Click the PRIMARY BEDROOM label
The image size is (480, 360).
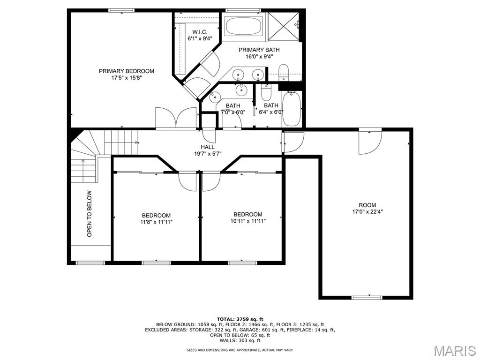(127, 71)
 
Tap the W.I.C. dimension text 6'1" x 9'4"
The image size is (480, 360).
(200, 38)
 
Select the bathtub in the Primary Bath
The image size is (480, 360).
(244, 26)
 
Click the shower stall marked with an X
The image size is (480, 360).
(284, 26)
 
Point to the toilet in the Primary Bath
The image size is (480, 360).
(284, 73)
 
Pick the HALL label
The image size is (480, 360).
(208, 147)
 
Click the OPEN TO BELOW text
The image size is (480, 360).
(90, 214)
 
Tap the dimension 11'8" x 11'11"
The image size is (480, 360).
(156, 222)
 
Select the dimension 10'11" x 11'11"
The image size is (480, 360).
(248, 221)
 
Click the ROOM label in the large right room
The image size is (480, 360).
(367, 205)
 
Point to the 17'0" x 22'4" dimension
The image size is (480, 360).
(367, 211)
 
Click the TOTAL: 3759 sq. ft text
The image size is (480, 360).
(240, 319)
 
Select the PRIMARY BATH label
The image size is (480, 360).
(259, 50)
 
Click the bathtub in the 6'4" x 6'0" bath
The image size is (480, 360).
(292, 108)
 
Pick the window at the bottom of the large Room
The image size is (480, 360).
(367, 297)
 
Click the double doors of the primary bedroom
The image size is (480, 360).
(176, 119)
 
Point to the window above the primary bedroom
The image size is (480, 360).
(121, 10)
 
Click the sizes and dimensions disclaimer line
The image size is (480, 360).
(240, 350)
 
